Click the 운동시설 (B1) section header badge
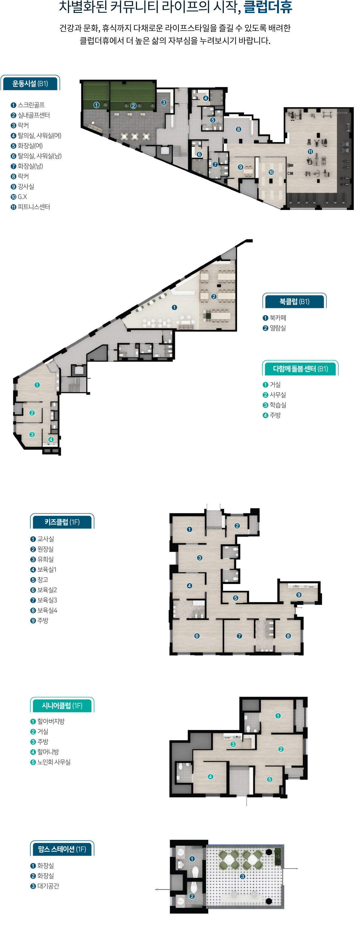(30, 84)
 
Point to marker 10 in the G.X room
(271, 172)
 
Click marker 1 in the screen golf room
(96, 105)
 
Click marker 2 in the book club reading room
(214, 297)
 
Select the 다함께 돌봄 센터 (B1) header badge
(300, 369)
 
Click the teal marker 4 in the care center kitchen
(51, 439)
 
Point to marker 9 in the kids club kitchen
(299, 595)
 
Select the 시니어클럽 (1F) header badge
(62, 706)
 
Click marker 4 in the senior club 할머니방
(210, 776)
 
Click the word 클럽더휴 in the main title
(268, 7)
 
